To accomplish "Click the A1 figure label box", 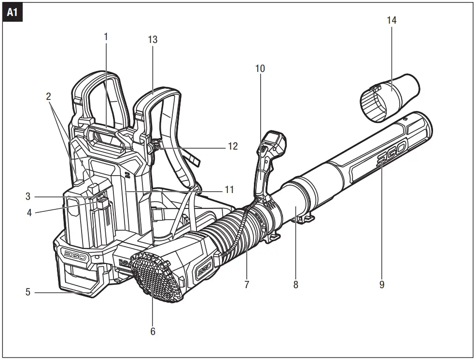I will point(12,13).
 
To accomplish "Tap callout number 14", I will point(392,20).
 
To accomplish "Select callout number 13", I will point(153,40).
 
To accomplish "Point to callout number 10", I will point(260,69).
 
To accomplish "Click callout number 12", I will point(233,146).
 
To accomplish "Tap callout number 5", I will point(28,292).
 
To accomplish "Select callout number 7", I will point(247,285).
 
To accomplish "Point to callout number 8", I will point(295,285).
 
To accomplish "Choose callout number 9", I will point(382,285).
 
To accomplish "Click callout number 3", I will point(28,197).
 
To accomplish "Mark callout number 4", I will point(28,212).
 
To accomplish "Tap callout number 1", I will point(106,37).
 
